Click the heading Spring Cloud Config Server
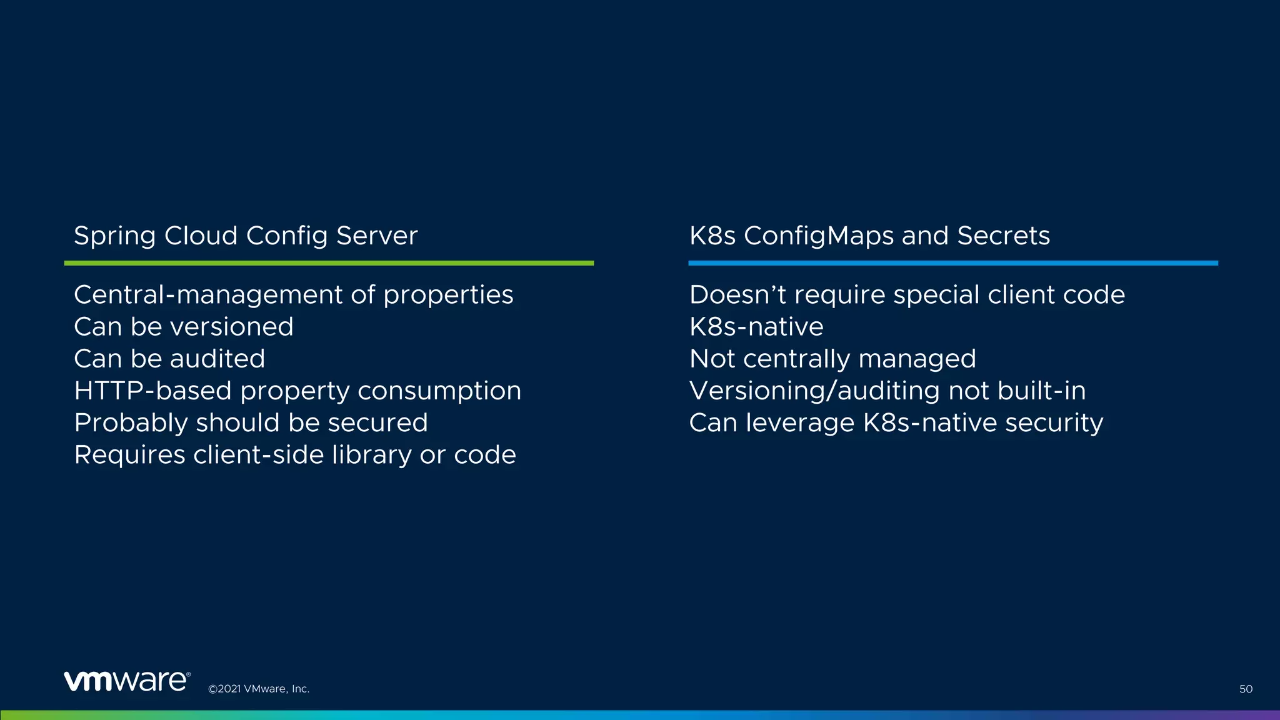[x=246, y=236]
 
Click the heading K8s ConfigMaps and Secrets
[x=869, y=236]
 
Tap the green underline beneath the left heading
[x=329, y=263]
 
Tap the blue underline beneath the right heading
[x=953, y=263]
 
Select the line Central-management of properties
[x=293, y=295]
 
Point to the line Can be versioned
[x=184, y=327]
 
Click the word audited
[x=217, y=359]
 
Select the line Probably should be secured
[x=251, y=423]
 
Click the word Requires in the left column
[x=129, y=455]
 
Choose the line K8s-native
[x=756, y=327]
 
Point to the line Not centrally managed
[x=832, y=359]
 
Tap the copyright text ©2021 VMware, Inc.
[x=259, y=689]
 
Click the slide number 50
[x=1246, y=689]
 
